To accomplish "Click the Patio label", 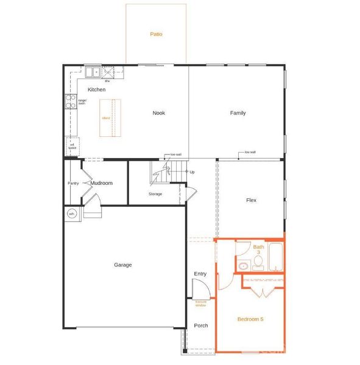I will tap(157, 34).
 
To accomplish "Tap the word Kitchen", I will tap(96, 89).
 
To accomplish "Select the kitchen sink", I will tap(93, 72).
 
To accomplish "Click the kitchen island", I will tap(110, 117).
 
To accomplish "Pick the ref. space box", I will tap(72, 146).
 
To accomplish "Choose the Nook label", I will tap(159, 113).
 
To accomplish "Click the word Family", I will tap(238, 113).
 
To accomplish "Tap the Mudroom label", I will tap(102, 182).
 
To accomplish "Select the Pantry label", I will tap(73, 183).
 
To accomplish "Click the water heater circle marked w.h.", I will tap(71, 214).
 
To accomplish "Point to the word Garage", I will tap(122, 265).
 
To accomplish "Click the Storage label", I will tap(155, 194).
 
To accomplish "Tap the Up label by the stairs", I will tap(192, 172).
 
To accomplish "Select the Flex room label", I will tap(251, 200).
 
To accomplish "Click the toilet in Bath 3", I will tap(258, 262).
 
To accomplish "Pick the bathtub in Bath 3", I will tap(276, 257).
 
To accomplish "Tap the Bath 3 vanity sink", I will tap(242, 266).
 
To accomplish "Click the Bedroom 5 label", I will tap(250, 319).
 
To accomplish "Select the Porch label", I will tap(200, 325).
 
